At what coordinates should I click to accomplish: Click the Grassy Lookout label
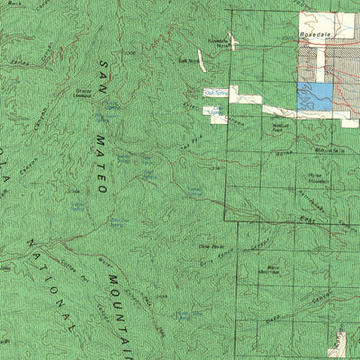pos(86,94)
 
